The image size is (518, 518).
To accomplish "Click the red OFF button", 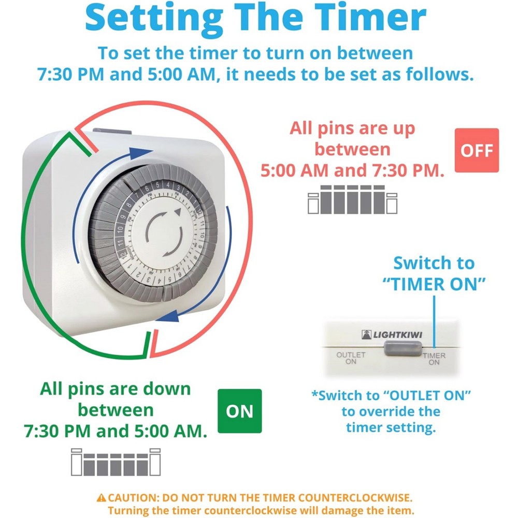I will (x=476, y=150).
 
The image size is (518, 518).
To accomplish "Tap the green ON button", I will (x=240, y=411).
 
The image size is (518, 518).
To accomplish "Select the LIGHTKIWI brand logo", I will (x=392, y=335).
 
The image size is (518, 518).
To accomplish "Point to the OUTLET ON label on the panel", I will (x=351, y=358).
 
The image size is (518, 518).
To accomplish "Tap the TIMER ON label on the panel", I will (x=434, y=358).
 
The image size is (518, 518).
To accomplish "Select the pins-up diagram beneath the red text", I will (x=352, y=199).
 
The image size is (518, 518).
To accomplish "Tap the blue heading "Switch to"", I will (x=434, y=263).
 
